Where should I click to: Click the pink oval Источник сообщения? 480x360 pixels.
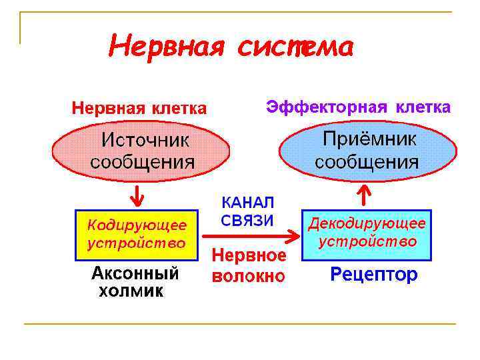click(x=143, y=152)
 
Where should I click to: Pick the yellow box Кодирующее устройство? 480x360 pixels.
click(x=137, y=233)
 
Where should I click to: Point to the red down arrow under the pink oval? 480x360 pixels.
click(x=137, y=195)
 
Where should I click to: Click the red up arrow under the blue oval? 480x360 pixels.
click(x=364, y=195)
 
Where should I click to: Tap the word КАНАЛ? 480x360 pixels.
click(x=247, y=203)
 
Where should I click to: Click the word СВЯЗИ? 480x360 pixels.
click(x=247, y=221)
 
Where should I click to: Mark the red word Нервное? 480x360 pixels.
click(x=249, y=255)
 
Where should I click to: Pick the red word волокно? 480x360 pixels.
click(x=249, y=275)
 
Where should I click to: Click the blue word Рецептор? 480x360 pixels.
click(x=374, y=274)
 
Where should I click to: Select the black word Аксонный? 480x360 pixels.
click(x=135, y=273)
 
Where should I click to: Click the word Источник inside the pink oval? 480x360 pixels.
click(x=145, y=141)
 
